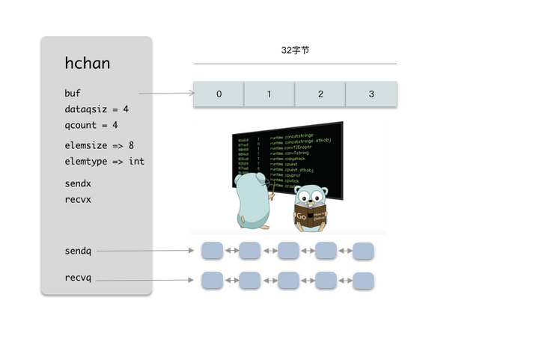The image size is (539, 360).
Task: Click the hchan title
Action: [88, 64]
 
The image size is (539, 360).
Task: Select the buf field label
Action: [72, 94]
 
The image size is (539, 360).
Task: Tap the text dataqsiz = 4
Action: [97, 109]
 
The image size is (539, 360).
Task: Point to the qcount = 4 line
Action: [91, 125]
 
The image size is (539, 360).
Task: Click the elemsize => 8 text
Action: [100, 145]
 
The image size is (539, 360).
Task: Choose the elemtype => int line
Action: [104, 161]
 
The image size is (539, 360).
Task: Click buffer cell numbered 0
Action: [219, 94]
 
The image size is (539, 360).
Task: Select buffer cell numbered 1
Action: [269, 94]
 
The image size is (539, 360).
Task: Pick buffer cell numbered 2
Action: [320, 94]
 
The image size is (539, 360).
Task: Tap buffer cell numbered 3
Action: [371, 94]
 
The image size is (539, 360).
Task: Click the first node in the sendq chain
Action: [212, 250]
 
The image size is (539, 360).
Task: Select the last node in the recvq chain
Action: [363, 280]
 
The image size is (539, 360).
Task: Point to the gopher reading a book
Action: [310, 210]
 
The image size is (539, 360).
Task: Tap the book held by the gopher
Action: [310, 219]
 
